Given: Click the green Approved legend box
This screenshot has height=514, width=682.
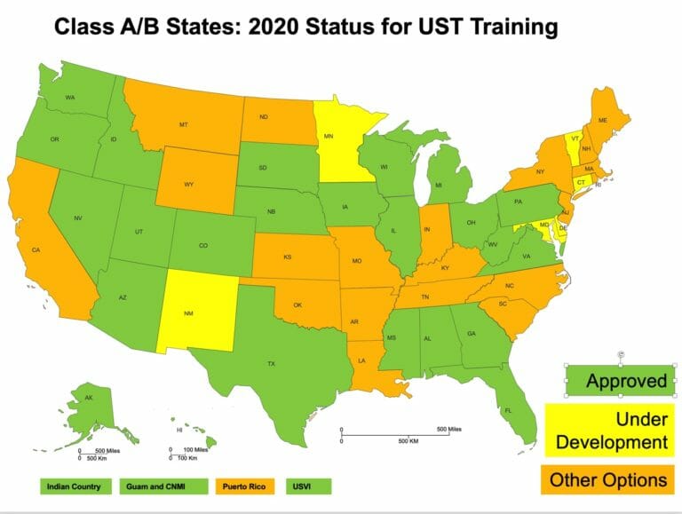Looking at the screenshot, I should (x=619, y=381).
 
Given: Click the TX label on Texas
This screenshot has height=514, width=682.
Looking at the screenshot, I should (x=272, y=363).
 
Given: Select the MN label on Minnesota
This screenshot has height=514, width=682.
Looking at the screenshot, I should (x=328, y=137).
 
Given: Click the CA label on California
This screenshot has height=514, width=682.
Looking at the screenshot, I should (x=36, y=250).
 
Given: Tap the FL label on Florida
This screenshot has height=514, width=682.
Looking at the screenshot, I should (x=509, y=411).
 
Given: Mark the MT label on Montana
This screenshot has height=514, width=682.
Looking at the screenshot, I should (x=183, y=125).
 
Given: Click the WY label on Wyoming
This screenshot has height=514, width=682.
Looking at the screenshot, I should (x=189, y=185).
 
